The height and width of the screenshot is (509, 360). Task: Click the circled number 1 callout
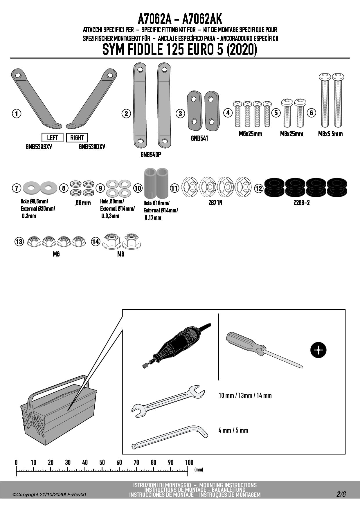click(x=17, y=113)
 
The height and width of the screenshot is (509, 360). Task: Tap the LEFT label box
click(x=52, y=138)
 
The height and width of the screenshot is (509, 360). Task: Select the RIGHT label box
click(x=77, y=138)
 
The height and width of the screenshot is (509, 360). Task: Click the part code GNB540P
click(x=151, y=155)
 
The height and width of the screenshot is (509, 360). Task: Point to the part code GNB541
click(x=199, y=138)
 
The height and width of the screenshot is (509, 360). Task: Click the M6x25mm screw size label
click(x=250, y=134)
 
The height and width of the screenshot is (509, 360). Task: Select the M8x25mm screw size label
click(x=291, y=134)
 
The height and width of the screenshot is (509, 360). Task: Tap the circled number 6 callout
click(x=311, y=113)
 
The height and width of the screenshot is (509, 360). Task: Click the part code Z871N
click(x=215, y=203)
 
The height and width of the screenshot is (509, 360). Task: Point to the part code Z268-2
click(x=301, y=203)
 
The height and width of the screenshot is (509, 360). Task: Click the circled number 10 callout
click(x=138, y=188)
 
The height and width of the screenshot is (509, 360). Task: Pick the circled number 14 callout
click(x=96, y=241)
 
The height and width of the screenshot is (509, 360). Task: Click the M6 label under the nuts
click(x=56, y=254)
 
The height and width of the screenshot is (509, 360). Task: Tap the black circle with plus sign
click(x=318, y=350)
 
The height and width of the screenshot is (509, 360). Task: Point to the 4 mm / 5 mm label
click(x=233, y=430)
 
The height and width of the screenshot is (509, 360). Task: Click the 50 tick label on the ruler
click(x=102, y=462)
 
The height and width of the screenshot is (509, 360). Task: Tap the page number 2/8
click(x=341, y=494)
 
